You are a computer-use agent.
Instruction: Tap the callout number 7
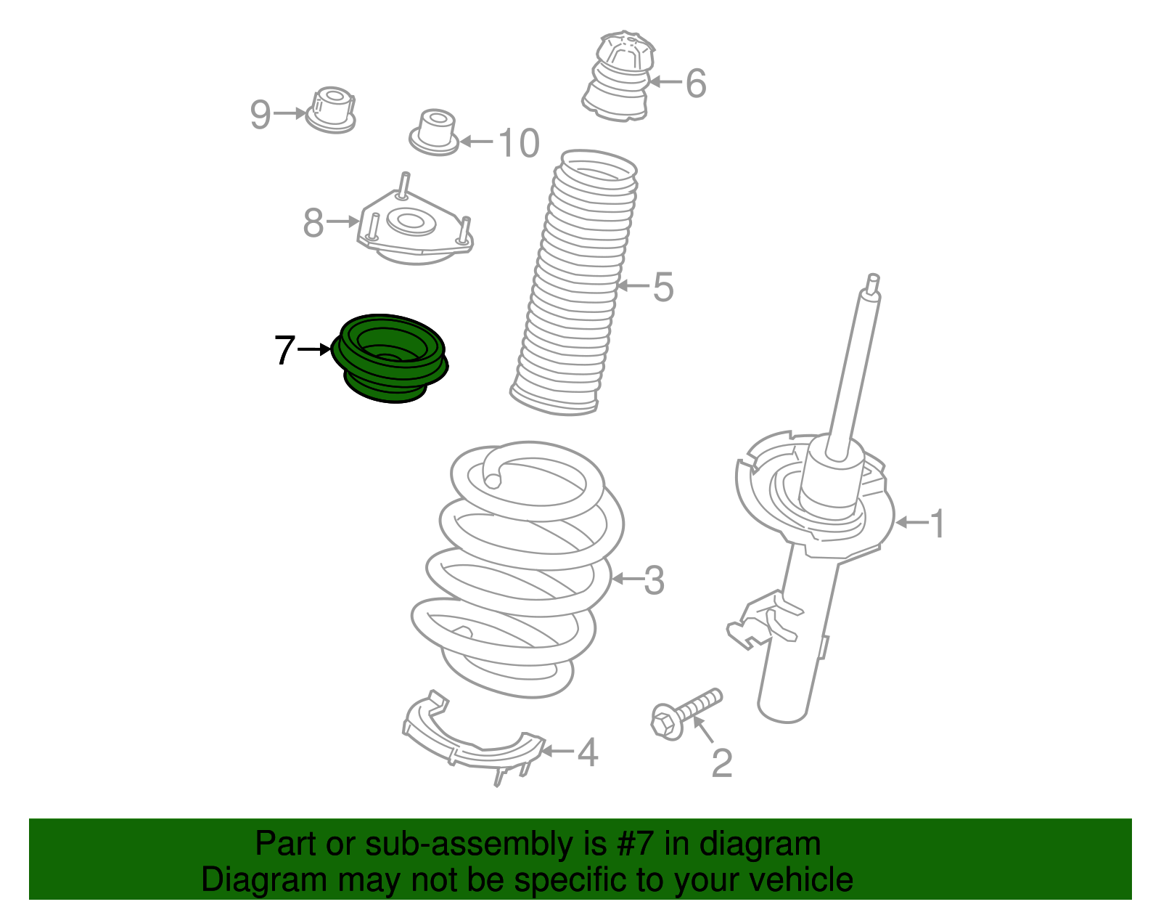tap(284, 351)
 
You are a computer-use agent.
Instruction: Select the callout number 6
tap(695, 84)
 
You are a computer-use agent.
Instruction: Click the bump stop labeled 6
tap(619, 76)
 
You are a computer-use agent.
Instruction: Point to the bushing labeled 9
tap(331, 110)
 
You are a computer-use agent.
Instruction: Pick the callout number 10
tap(518, 144)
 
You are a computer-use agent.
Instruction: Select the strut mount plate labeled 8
tap(415, 221)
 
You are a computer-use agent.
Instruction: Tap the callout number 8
tap(313, 223)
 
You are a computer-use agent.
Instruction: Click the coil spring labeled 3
tap(517, 570)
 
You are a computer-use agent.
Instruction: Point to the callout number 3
tap(654, 580)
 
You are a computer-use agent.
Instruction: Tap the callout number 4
tap(588, 752)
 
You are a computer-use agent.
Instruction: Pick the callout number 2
tap(722, 764)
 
